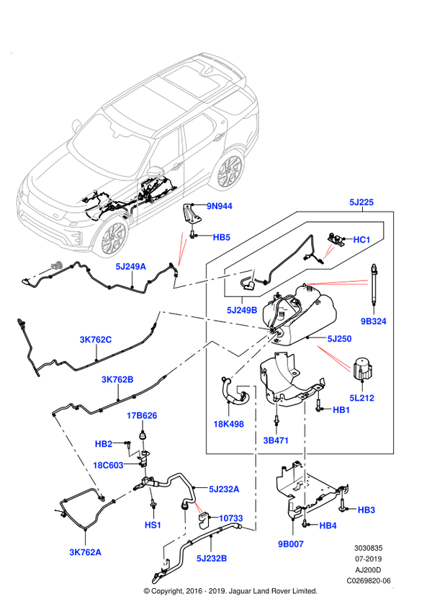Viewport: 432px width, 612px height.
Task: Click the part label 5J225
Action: click(361, 202)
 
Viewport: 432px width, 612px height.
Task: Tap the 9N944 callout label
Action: click(219, 206)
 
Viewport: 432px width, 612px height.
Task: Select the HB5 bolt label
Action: click(222, 237)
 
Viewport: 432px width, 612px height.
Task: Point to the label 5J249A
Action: click(130, 267)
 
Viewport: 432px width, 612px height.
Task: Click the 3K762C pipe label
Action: click(96, 340)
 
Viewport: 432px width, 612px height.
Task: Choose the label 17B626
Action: click(142, 416)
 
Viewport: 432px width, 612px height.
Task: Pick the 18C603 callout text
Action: click(108, 465)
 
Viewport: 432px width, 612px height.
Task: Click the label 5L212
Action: click(361, 398)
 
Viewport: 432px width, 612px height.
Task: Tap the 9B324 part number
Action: click(373, 321)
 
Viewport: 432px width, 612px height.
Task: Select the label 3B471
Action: click(276, 440)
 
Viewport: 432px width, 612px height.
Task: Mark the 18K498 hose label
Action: click(228, 424)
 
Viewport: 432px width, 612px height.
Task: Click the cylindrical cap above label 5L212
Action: click(363, 368)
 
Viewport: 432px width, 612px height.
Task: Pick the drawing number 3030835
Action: click(369, 548)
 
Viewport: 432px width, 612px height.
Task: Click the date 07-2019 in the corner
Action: click(369, 559)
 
